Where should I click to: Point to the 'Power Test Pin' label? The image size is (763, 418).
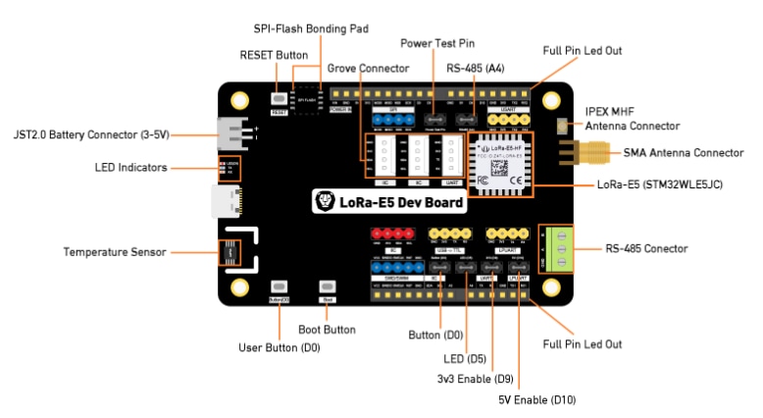coord(437,43)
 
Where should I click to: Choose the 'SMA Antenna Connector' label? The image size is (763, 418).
coord(684,152)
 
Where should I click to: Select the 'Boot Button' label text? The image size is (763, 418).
coord(327,330)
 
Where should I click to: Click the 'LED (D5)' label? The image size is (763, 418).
coord(464,359)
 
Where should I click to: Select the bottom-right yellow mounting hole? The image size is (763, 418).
coord(553,288)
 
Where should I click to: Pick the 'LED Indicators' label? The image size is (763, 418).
coord(131,167)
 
